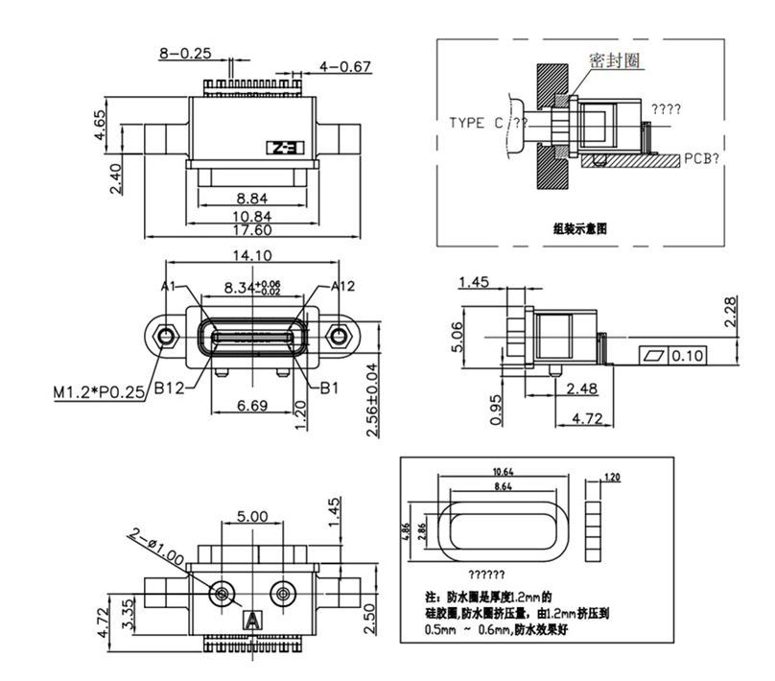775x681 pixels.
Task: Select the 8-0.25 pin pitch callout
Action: point(184,54)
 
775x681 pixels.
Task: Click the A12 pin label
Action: point(342,286)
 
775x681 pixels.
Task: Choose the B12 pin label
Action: point(169,388)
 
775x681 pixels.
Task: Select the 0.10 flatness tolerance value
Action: point(688,356)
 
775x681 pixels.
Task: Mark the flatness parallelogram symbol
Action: point(654,356)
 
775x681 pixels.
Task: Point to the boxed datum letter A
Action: point(253,620)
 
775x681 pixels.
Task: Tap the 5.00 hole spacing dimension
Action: point(252,516)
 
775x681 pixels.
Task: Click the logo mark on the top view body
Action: point(284,149)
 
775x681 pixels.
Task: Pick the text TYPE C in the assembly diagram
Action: point(477,123)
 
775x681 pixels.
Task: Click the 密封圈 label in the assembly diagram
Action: point(615,60)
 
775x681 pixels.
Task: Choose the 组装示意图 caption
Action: point(580,228)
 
